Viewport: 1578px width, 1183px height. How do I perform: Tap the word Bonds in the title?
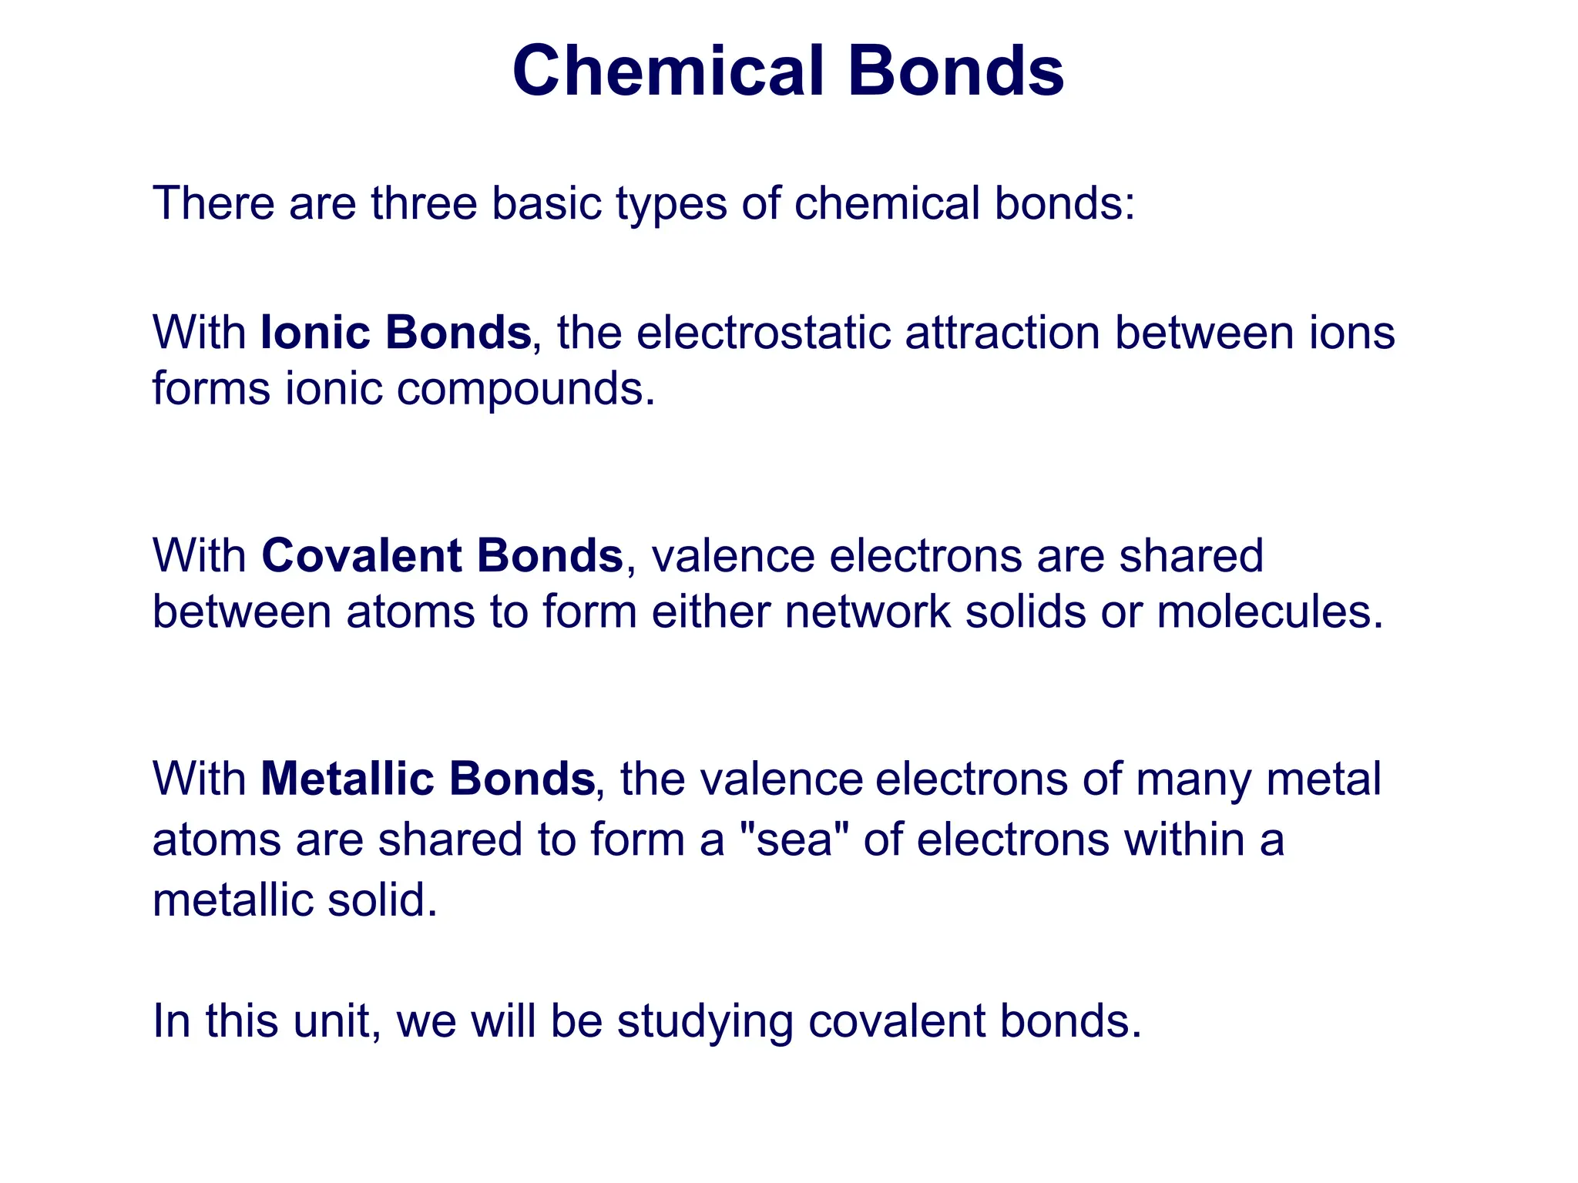[x=955, y=71]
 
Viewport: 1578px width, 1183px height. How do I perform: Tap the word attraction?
[x=1002, y=333]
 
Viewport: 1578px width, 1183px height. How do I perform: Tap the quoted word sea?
[x=794, y=839]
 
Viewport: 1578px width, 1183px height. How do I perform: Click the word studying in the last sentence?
[x=705, y=1022]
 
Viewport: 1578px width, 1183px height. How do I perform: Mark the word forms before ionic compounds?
[x=211, y=388]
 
